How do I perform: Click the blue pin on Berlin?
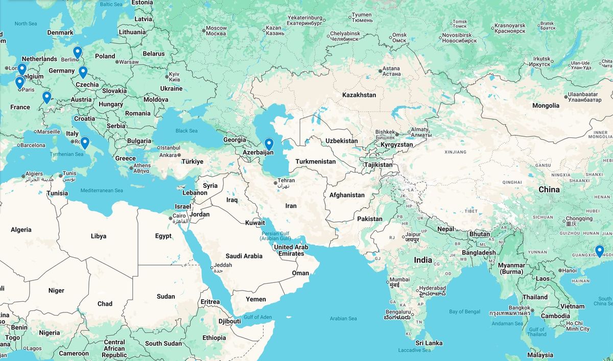[77, 52]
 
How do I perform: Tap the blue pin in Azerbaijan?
[269, 143]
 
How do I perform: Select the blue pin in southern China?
[599, 250]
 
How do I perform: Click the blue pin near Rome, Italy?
[85, 142]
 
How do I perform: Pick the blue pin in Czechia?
[83, 72]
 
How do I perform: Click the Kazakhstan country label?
[359, 95]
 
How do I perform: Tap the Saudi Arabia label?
[244, 256]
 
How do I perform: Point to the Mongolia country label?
[546, 106]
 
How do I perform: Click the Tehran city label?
[286, 181]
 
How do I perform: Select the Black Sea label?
[186, 131]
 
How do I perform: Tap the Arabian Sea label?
[343, 319]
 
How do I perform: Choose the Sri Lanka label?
[429, 343]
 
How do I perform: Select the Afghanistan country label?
[347, 195]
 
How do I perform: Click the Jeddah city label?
[223, 266]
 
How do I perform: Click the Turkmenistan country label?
[315, 162]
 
